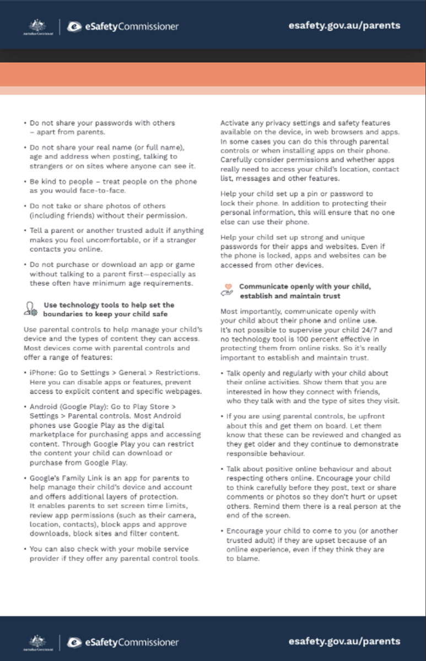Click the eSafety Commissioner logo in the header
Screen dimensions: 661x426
pos(123,26)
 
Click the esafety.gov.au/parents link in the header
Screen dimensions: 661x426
pos(344,25)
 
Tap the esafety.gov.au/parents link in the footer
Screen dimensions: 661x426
pos(344,641)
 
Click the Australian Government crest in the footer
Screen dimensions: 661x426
pos(38,642)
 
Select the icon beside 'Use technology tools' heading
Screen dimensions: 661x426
pos(30,309)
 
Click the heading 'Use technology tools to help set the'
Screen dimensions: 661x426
pos(109,305)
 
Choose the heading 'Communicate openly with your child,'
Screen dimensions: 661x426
pos(304,287)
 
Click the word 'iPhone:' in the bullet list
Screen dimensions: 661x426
pos(42,372)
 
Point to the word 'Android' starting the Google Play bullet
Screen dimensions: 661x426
pos(43,406)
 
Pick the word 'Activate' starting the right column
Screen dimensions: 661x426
pos(235,123)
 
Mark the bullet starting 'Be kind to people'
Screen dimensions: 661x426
pos(25,181)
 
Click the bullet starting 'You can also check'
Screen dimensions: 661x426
pos(25,549)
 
